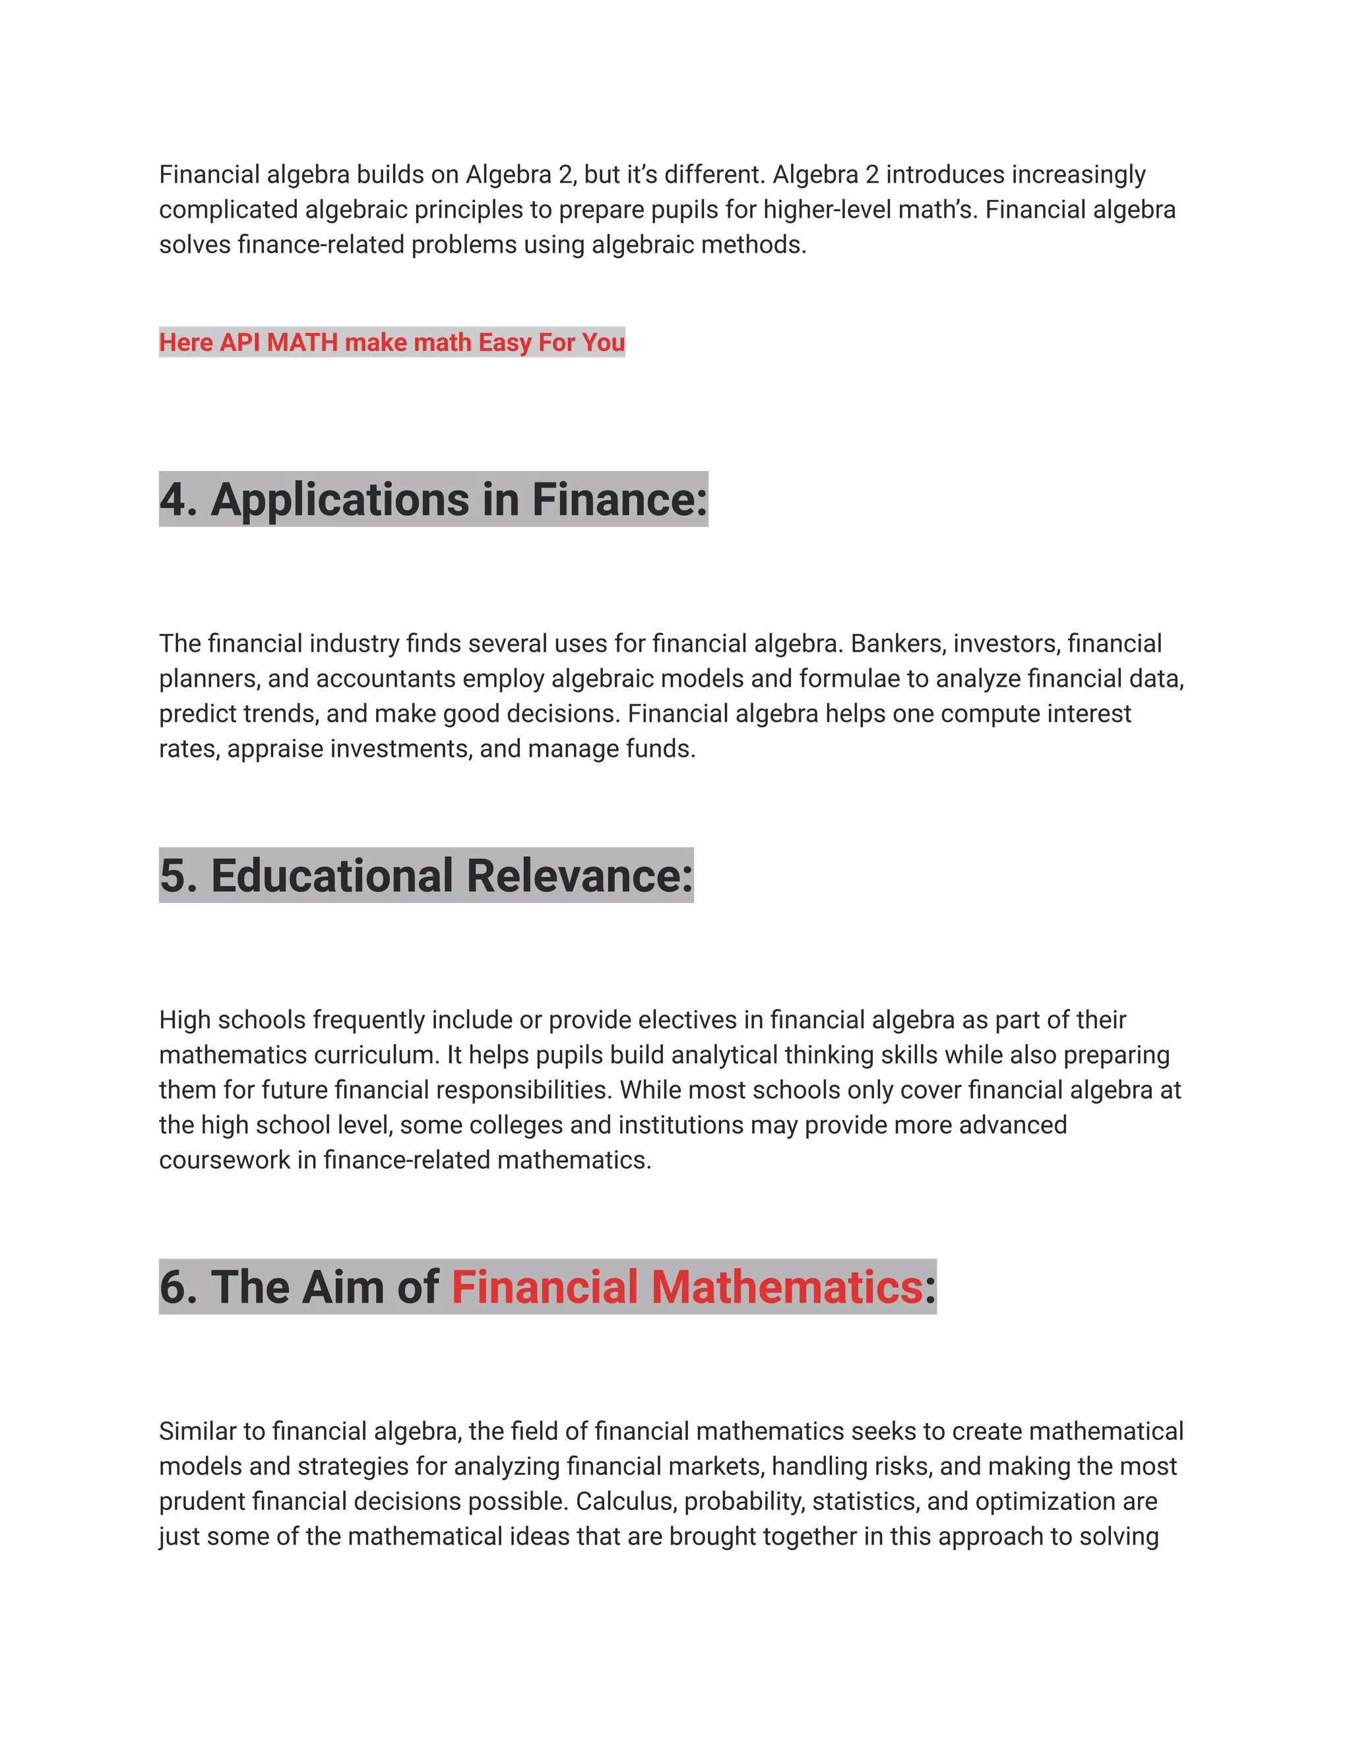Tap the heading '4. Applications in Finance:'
[x=433, y=499]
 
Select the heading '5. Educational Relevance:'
[x=425, y=875]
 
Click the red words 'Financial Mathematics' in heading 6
[x=687, y=1287]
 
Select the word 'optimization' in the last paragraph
[x=1046, y=1501]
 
